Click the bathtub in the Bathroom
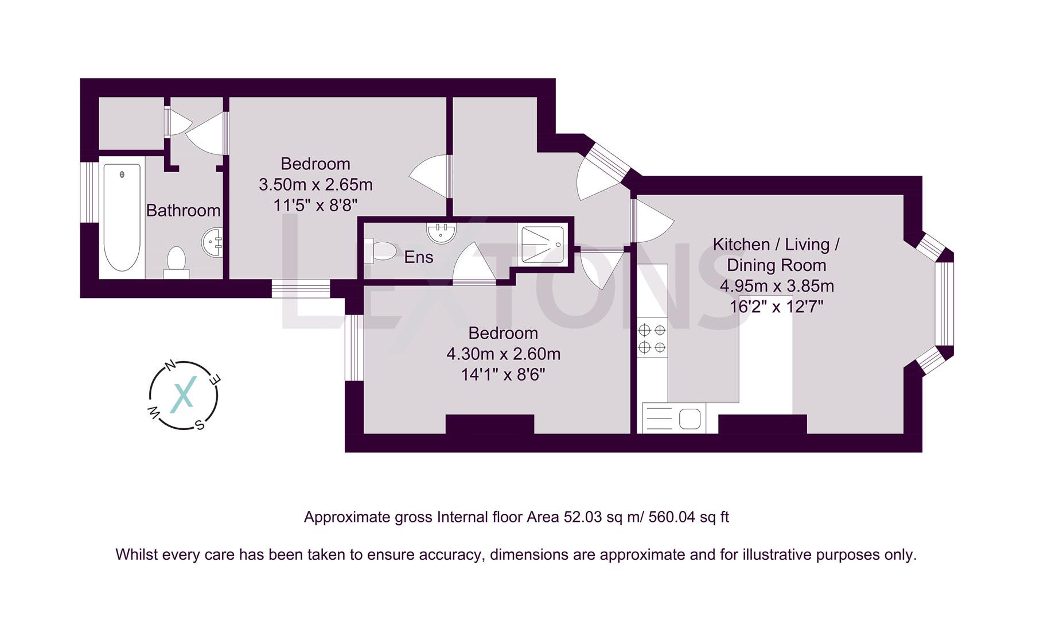[122, 217]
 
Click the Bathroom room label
[183, 211]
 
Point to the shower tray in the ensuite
[543, 245]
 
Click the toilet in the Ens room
[381, 250]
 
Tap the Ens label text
[418, 257]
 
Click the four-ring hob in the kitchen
[652, 338]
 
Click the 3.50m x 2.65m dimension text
[315, 185]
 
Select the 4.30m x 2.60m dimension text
[503, 354]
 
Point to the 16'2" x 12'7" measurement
[776, 307]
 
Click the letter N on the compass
[170, 365]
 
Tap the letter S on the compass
[199, 425]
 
